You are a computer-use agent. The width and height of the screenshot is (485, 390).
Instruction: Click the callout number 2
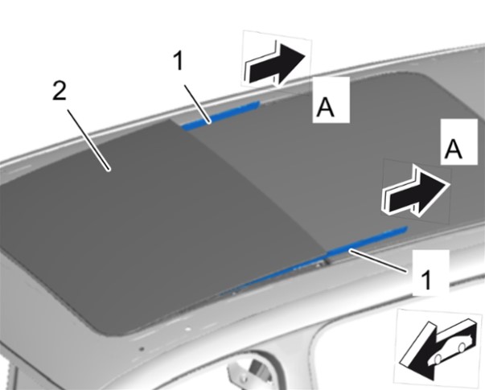pos(59,91)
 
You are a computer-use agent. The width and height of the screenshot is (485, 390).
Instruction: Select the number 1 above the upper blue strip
pos(179,60)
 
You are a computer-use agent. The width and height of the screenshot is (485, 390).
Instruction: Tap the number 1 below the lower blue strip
pos(426,280)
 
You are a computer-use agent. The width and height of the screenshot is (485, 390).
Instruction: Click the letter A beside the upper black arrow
pos(326,107)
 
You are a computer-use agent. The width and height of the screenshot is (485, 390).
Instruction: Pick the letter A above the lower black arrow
pos(453,149)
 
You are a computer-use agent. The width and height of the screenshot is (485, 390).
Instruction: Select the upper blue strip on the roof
pos(220,115)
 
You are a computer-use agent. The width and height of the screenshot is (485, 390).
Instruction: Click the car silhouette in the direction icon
pos(449,347)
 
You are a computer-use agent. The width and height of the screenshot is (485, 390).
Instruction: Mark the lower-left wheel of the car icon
pos(438,359)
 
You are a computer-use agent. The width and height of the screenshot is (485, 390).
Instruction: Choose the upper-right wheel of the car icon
pos(462,347)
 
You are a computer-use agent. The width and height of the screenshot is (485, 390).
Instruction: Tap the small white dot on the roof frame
pos(187,329)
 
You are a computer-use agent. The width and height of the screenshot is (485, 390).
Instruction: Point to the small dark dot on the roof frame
pos(142,349)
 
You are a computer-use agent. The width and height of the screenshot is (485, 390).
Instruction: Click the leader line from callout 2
pos(88,140)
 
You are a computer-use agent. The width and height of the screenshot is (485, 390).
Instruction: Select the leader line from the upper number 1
pos(198,105)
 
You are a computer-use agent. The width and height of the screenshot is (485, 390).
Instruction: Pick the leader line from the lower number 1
pos(378,261)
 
